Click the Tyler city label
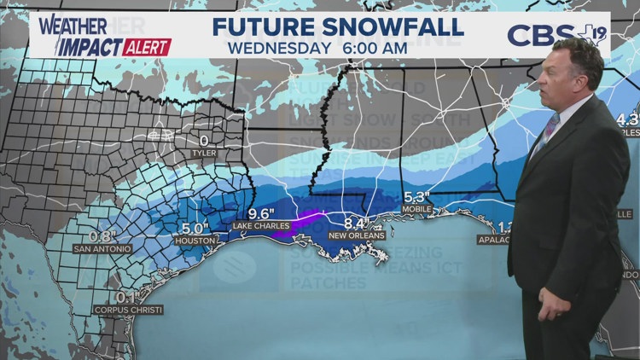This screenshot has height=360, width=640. click(x=203, y=154)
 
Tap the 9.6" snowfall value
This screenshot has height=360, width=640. click(x=264, y=212)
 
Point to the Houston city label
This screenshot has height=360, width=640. click(x=194, y=241)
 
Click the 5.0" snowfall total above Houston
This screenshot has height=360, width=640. click(x=195, y=228)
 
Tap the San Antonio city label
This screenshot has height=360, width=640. click(x=102, y=249)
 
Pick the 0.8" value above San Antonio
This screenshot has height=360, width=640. click(x=102, y=236)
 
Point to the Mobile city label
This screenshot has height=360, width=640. click(x=418, y=208)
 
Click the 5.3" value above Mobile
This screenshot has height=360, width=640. click(x=416, y=195)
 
